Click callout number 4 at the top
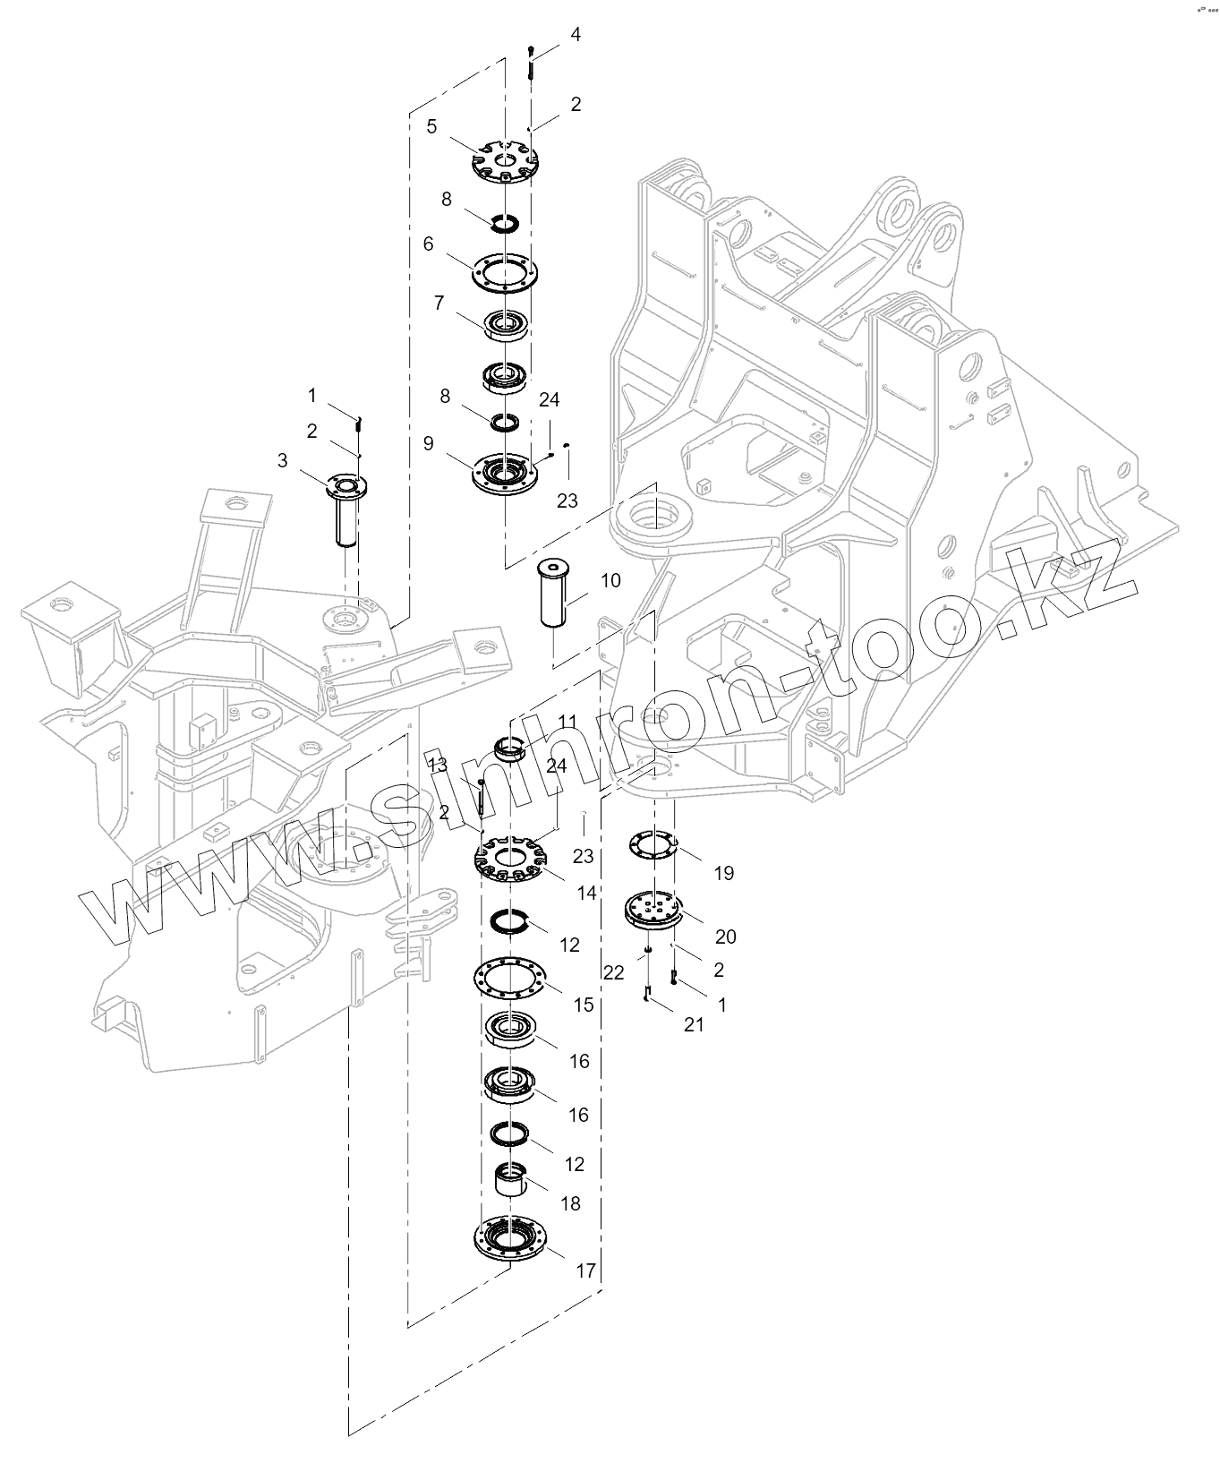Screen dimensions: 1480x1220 (x=576, y=34)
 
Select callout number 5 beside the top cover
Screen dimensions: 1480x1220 (x=431, y=126)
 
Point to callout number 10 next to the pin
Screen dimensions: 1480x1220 (x=610, y=580)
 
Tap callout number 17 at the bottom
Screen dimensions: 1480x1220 (x=585, y=1270)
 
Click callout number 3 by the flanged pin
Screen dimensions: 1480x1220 (x=283, y=460)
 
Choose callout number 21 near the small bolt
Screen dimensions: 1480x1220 (x=694, y=1025)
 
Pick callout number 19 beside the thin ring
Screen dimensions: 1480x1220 (x=723, y=873)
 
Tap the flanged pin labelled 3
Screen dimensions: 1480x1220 (x=346, y=506)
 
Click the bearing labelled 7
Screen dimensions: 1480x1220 (x=508, y=323)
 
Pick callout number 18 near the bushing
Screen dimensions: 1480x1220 (x=571, y=1203)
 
